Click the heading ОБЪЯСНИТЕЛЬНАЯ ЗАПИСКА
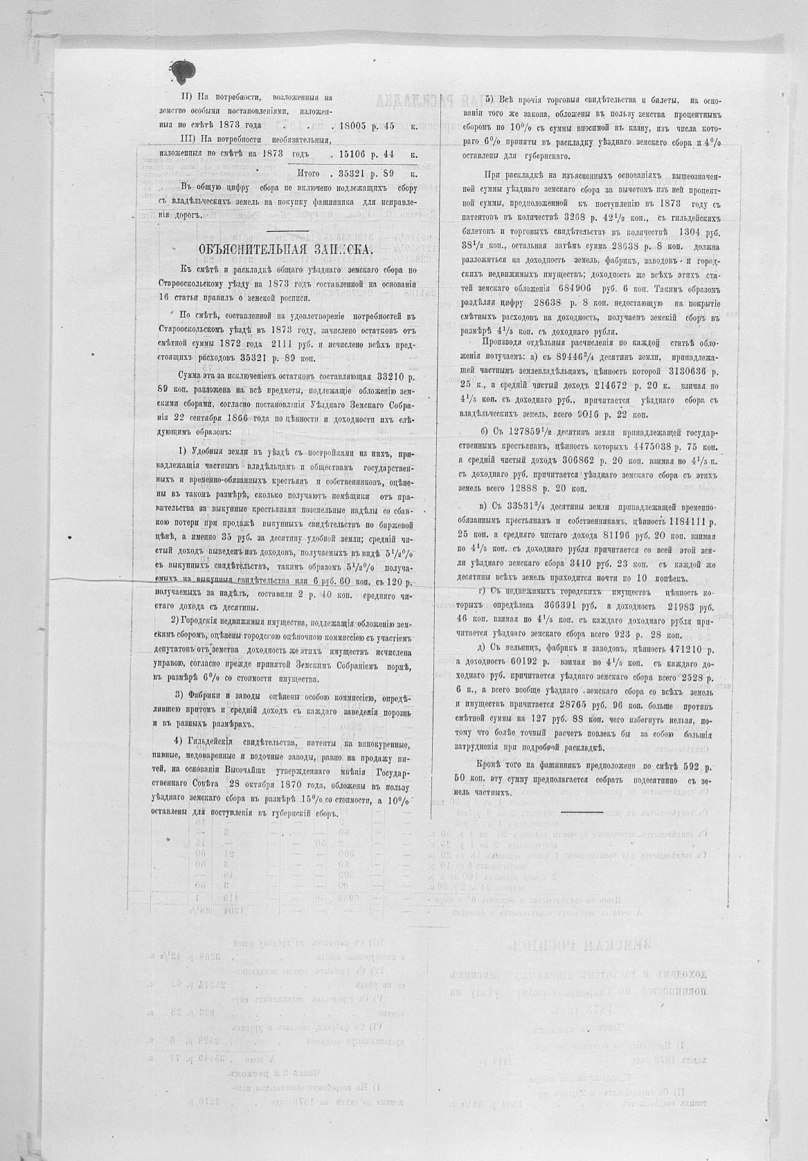click(x=285, y=250)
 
